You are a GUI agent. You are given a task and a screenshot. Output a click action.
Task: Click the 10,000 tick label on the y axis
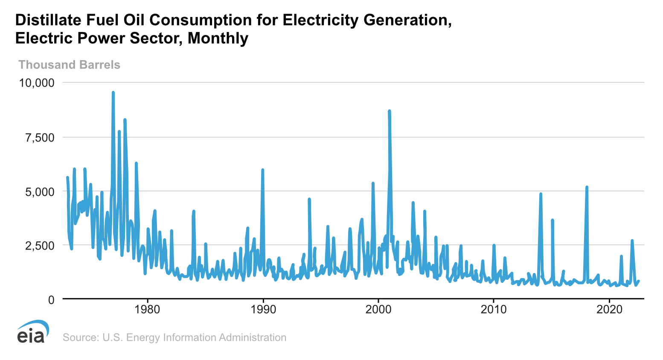36,82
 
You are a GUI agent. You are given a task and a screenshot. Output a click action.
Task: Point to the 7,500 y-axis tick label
40,137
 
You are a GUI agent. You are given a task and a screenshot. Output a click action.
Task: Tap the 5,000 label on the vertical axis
40,192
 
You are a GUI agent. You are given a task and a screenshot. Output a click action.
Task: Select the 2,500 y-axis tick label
40,246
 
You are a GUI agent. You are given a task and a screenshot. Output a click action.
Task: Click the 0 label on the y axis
51,300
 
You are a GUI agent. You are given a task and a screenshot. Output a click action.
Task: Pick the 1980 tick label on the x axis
147,309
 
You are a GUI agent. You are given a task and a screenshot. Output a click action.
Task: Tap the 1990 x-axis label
263,309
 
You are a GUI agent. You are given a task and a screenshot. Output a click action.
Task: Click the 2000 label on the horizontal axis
378,309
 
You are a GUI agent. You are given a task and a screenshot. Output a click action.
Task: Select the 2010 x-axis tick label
494,309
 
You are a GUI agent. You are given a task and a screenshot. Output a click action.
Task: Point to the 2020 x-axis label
609,309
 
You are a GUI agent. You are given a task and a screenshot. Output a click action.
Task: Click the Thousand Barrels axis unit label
69,65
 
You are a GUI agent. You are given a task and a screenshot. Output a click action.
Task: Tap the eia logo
32,331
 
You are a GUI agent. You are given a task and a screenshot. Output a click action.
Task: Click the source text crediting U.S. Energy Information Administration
174,337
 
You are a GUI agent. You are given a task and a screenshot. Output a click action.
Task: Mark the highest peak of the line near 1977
113,92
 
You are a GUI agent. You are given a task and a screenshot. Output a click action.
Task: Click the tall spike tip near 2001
389,111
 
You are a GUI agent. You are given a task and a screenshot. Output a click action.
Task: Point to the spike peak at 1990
263,170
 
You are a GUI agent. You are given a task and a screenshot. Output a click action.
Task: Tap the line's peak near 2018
587,187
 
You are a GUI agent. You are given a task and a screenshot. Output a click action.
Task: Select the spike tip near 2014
541,194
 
